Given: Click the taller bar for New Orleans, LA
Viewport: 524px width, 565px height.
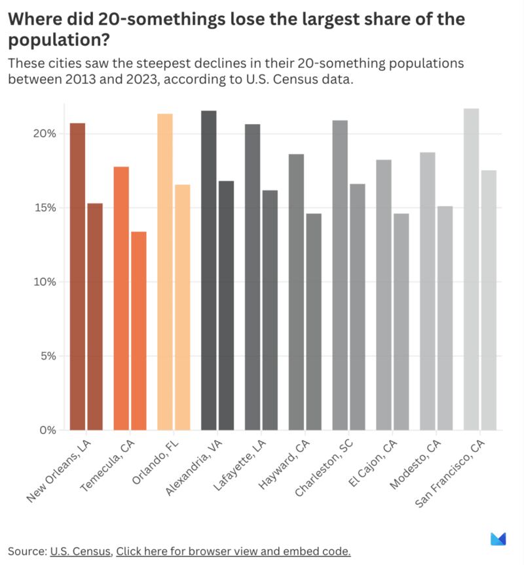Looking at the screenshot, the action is [x=77, y=277].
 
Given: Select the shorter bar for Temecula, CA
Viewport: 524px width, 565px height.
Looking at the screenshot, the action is [x=139, y=331].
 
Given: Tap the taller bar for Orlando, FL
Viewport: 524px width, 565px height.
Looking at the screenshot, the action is [x=165, y=271].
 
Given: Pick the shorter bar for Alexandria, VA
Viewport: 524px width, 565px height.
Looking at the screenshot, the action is [x=226, y=305].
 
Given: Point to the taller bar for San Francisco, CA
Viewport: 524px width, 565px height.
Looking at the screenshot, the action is [x=472, y=269].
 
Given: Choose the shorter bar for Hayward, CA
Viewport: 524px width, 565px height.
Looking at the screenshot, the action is [x=314, y=322].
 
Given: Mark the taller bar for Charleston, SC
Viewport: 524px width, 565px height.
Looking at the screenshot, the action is [x=340, y=275].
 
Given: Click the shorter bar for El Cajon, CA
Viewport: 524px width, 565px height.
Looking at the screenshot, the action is [x=402, y=322].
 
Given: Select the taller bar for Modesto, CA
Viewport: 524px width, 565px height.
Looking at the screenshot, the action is [x=427, y=291].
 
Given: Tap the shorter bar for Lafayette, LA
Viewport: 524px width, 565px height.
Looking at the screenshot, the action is [x=270, y=310].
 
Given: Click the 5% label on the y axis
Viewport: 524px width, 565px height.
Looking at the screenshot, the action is [x=48, y=356].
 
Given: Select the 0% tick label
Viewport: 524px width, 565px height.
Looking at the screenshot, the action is [x=48, y=430].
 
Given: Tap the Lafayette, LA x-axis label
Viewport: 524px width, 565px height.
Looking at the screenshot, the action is [x=240, y=465].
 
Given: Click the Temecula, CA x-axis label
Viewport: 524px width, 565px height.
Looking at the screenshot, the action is [x=107, y=466].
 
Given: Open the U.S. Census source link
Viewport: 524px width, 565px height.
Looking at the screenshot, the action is [x=81, y=551].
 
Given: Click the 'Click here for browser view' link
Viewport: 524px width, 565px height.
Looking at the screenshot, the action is [x=233, y=551].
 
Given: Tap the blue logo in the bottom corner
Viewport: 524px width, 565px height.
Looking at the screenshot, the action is [x=498, y=539].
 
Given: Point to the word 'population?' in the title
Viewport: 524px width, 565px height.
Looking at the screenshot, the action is [x=58, y=41].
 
